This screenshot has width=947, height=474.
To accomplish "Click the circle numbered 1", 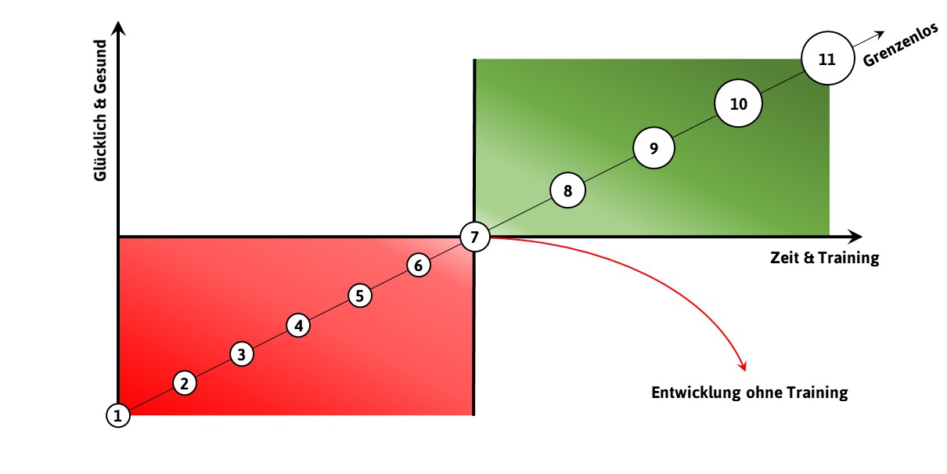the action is click(118, 415).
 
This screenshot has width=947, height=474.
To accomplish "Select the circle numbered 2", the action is click(185, 383).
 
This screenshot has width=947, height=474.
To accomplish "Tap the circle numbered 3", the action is click(242, 354).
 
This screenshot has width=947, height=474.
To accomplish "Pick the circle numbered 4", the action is click(298, 325).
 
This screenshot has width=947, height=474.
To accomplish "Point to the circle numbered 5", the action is click(360, 295).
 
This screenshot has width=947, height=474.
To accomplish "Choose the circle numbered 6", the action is click(419, 266).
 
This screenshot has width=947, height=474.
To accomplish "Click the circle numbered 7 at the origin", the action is click(475, 237).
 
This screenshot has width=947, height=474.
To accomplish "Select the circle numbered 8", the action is click(567, 190).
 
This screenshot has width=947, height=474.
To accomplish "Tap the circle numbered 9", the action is click(654, 148).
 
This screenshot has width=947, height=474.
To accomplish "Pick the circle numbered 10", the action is click(739, 103).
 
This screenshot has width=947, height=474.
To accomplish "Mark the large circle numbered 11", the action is click(827, 59).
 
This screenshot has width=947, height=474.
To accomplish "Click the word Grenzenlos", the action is click(901, 45).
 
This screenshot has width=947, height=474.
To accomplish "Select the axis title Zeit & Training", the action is click(824, 258).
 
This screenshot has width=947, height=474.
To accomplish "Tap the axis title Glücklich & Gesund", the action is click(101, 110).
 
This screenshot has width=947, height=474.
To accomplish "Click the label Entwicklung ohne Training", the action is click(750, 393).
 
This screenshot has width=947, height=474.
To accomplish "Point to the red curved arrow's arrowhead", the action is click(743, 367).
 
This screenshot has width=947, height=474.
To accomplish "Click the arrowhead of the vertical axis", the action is click(119, 28).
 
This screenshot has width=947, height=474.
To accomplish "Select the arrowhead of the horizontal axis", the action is click(855, 237).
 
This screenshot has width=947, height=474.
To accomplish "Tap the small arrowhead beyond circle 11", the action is click(880, 34).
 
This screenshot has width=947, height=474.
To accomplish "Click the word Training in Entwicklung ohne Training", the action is click(817, 393).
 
